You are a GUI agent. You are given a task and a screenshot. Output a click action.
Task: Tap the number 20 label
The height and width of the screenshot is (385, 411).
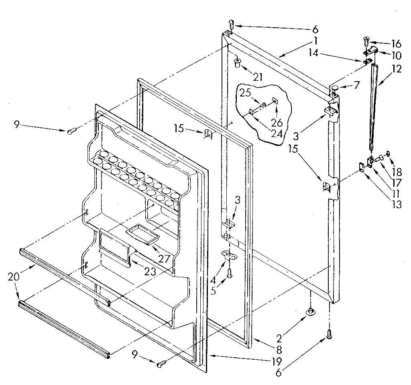[13, 277]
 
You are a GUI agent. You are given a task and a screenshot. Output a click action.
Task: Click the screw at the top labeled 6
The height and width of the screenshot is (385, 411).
[232, 23]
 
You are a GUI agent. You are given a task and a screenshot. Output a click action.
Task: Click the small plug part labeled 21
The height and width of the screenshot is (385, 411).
[237, 61]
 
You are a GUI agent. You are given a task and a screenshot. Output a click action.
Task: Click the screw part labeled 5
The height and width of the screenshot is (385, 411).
[230, 273]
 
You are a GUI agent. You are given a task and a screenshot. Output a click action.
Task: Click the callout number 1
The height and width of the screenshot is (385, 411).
[315, 41]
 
